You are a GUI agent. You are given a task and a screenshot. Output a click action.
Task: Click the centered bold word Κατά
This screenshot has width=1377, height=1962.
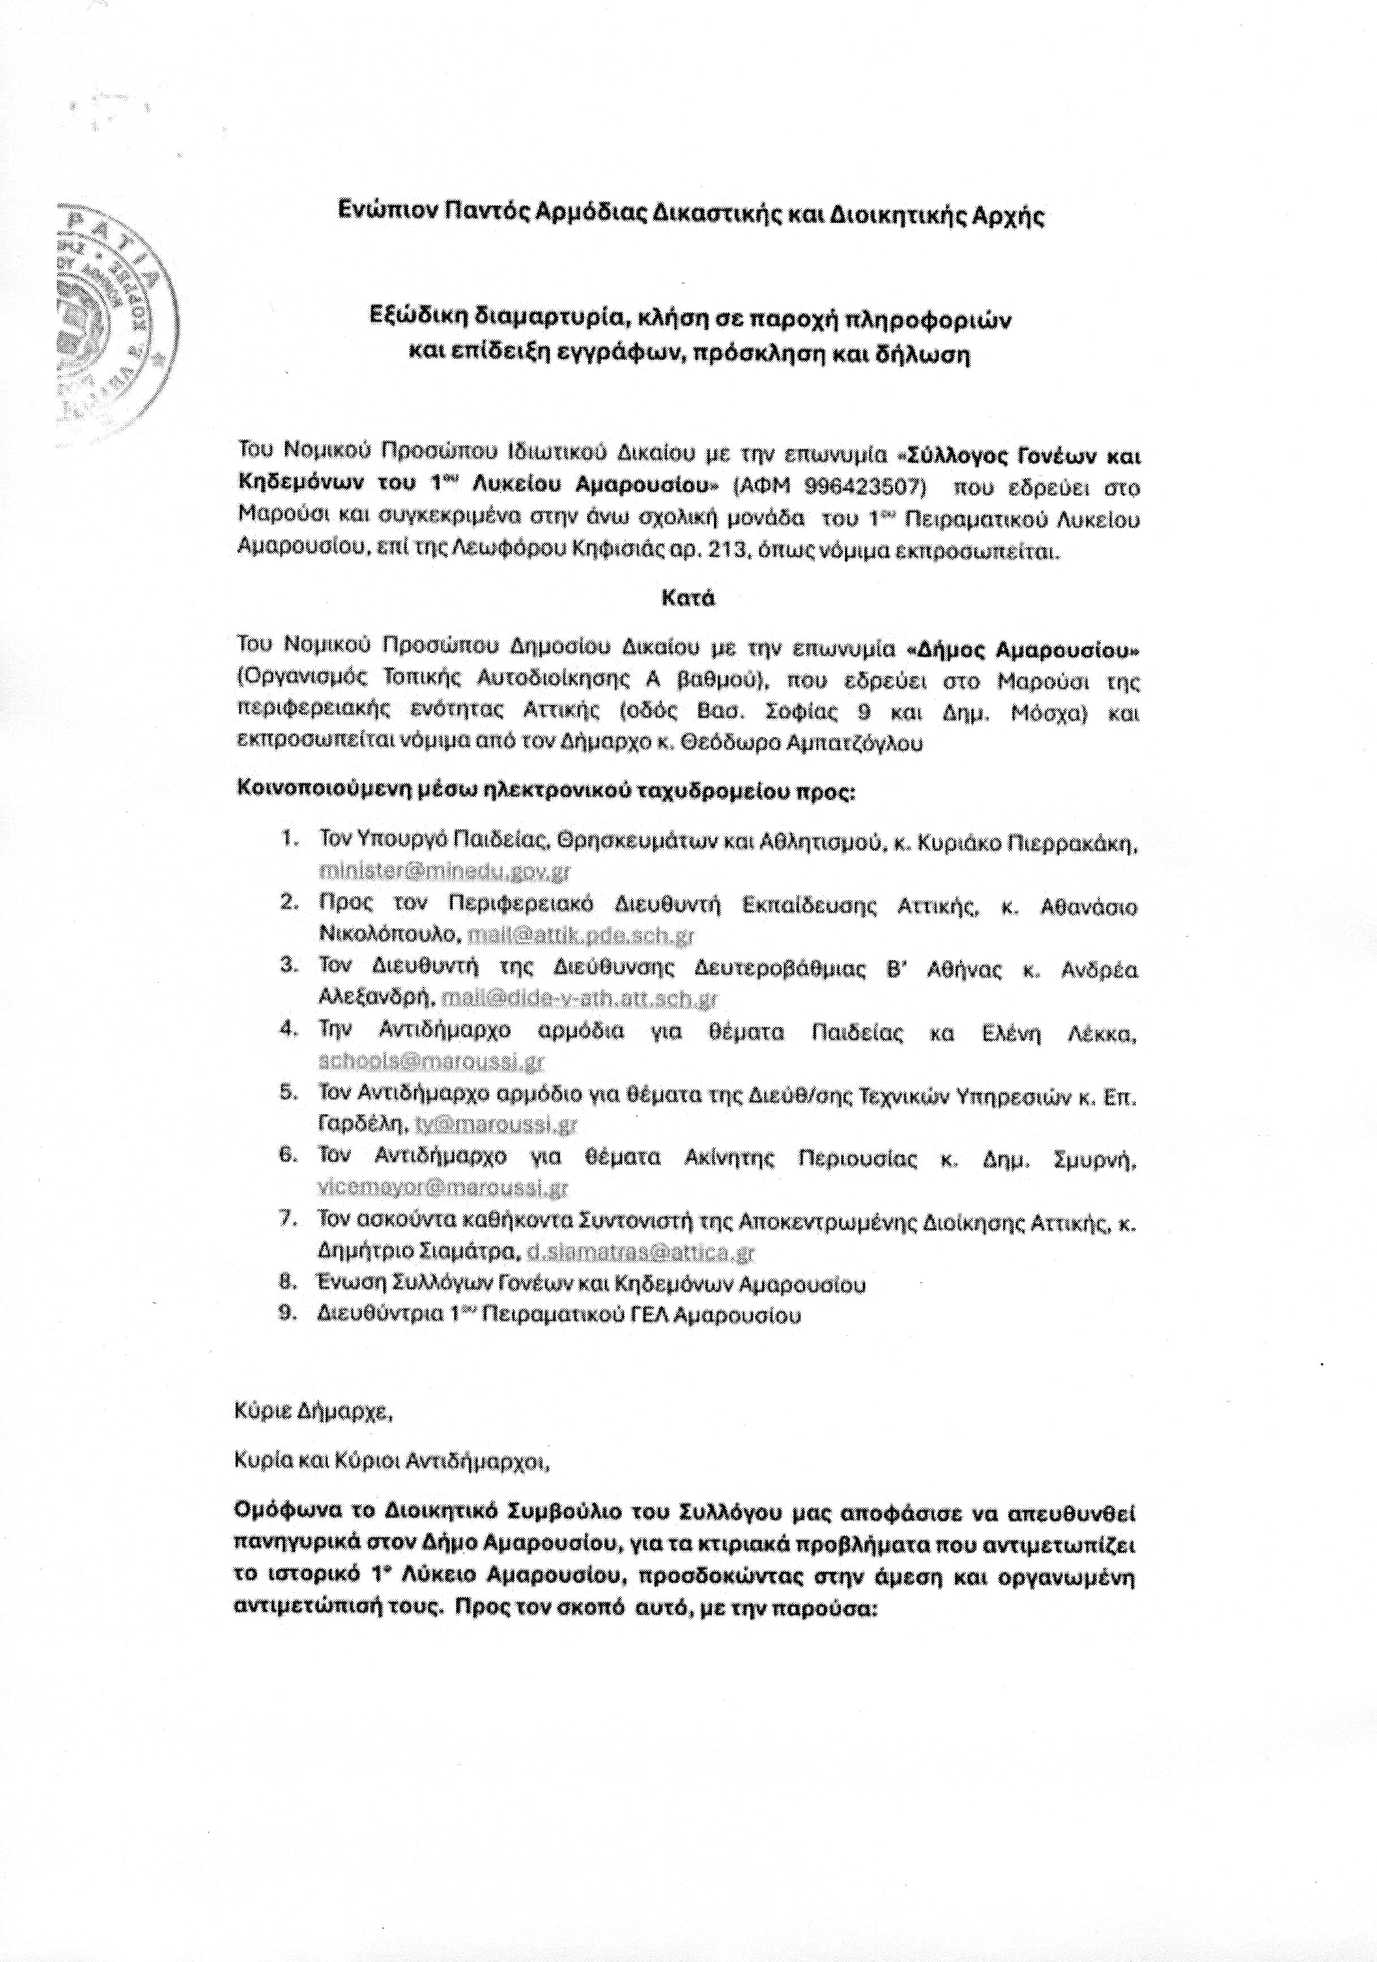[688, 598]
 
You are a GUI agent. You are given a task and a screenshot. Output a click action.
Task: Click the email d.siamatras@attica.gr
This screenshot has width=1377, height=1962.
[641, 1253]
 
